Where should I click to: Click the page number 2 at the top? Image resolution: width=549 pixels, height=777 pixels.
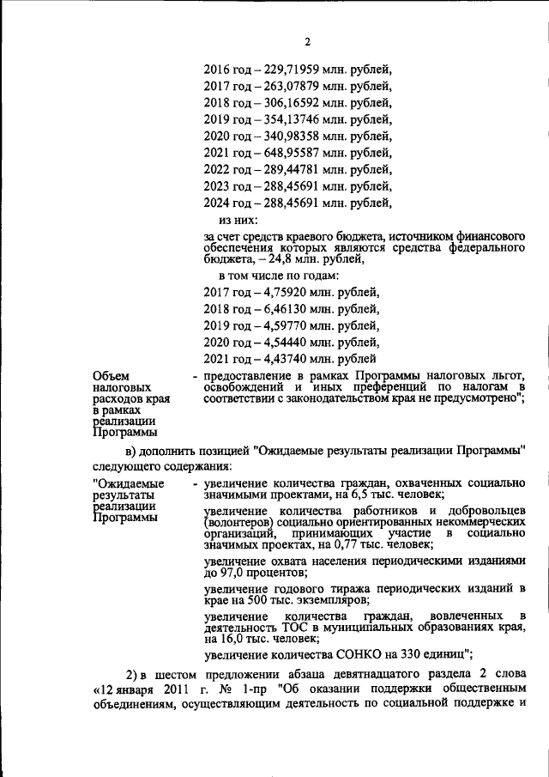pyautogui.click(x=306, y=42)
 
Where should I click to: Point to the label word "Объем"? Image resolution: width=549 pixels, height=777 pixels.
pyautogui.click(x=109, y=375)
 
